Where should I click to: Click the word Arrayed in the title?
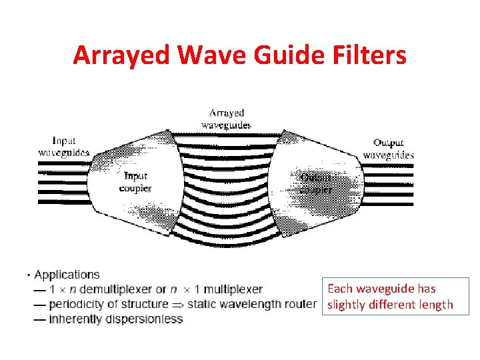pos(111,55)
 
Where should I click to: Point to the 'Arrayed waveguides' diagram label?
pos(226,119)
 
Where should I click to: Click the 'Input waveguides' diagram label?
pos(63,146)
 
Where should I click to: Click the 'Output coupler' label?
pos(316,183)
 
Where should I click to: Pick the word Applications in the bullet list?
pos(67,275)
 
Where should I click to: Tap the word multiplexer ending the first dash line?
pos(233,289)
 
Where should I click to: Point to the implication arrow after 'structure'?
pos(177,305)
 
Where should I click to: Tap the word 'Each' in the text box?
pos(339,289)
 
